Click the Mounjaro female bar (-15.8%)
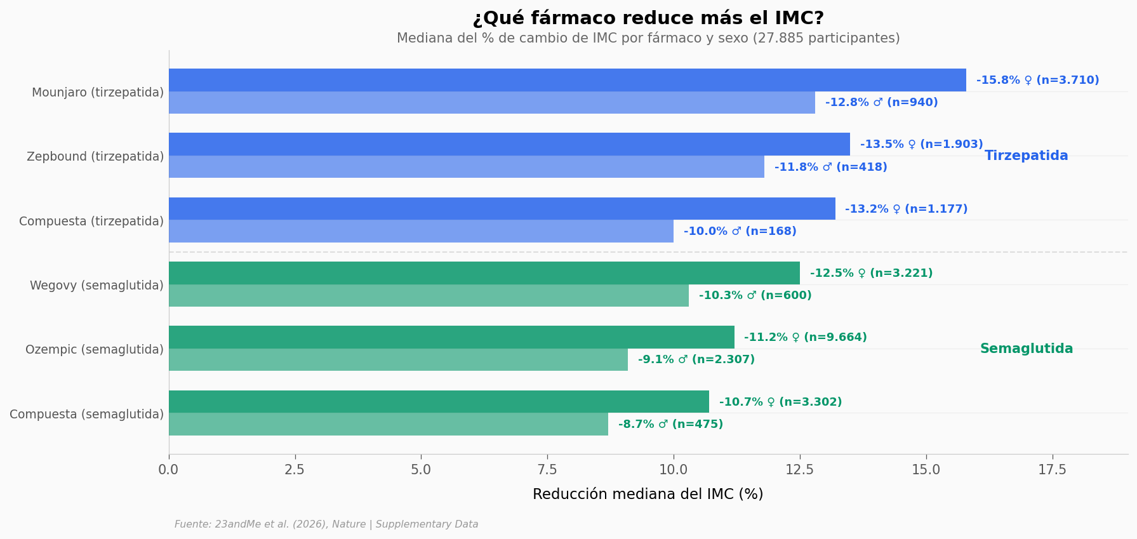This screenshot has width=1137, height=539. point(567,80)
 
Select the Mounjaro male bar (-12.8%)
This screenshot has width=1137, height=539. point(491,103)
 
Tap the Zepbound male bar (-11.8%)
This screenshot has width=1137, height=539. point(466,167)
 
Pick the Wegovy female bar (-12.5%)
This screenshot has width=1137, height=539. point(484,273)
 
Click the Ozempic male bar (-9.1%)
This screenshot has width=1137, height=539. point(398,360)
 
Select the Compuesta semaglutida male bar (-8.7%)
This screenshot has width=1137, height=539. point(388,424)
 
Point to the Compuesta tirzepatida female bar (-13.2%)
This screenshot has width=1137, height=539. point(502,209)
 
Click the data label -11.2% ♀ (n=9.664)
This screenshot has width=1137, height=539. point(805,338)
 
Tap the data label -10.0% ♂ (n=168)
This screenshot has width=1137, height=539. point(740,232)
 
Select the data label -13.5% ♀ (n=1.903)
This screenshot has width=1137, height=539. point(921,145)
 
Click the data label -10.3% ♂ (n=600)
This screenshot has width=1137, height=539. point(755,296)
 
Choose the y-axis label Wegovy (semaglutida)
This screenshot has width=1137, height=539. point(96,286)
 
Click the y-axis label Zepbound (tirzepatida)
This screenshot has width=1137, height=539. point(95,157)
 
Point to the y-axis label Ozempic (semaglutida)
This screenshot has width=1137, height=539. point(95,350)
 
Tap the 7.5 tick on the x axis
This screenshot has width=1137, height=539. point(547,470)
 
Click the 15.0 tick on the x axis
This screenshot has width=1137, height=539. point(926,470)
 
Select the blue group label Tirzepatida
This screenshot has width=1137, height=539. point(1026,156)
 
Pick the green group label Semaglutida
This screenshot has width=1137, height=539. point(1026,349)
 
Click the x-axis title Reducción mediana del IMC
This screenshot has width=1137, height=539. point(648,495)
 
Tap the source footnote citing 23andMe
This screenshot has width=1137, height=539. point(326,524)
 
